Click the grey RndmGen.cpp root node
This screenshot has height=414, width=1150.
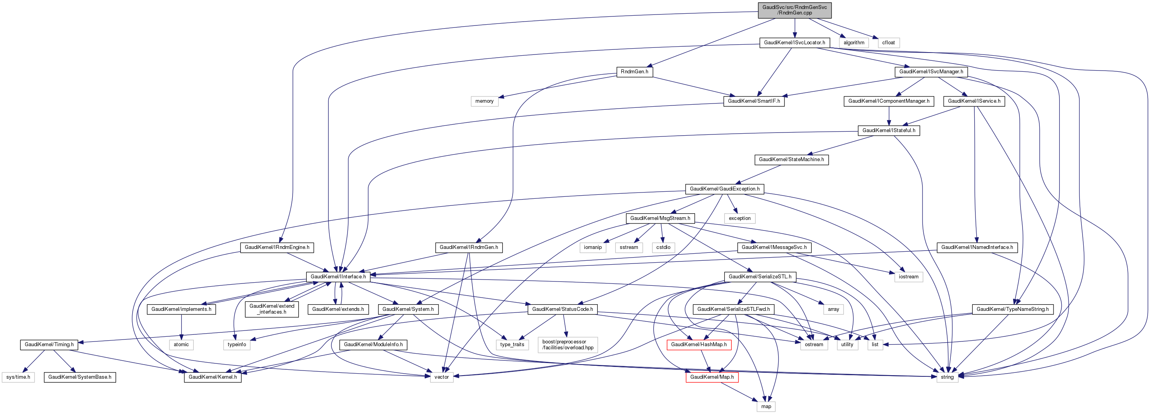794,10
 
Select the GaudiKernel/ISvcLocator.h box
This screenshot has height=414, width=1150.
794,42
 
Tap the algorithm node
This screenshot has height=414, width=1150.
853,43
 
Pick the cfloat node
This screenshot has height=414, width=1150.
888,43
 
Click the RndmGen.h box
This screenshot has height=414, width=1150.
634,72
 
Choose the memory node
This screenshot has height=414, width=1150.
484,101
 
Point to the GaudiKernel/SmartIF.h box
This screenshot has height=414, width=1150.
753,101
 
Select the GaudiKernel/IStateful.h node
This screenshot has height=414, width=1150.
888,130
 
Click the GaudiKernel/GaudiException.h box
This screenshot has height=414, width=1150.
724,189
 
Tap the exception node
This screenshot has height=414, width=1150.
739,218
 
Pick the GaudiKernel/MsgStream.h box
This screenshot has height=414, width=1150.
660,218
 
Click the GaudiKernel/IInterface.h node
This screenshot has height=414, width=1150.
338,277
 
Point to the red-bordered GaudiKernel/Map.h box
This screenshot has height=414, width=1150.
711,377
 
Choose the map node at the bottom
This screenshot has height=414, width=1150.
766,407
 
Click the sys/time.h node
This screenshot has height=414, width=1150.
18,377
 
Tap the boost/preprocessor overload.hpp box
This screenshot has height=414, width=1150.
568,344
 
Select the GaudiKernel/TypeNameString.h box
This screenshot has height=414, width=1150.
1012,309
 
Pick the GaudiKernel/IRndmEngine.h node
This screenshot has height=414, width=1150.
277,247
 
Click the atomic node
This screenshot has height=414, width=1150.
181,344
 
